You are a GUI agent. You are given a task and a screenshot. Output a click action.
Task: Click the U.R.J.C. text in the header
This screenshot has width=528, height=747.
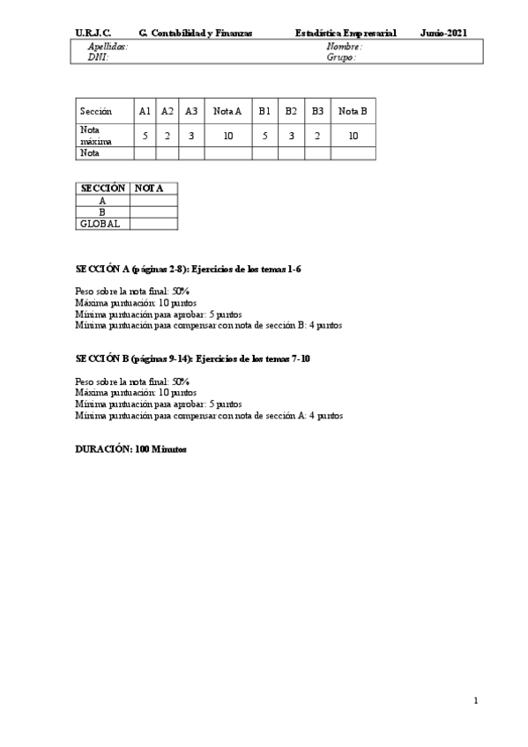click(93, 33)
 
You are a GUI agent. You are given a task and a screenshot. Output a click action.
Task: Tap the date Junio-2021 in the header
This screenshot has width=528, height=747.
click(443, 33)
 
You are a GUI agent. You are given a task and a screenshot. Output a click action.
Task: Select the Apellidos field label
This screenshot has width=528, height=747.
click(108, 47)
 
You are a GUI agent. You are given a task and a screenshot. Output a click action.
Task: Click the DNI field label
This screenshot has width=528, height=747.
click(97, 57)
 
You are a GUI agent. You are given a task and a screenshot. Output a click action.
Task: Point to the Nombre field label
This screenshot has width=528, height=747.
click(344, 47)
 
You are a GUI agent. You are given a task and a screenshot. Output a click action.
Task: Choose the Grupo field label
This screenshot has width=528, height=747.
click(341, 57)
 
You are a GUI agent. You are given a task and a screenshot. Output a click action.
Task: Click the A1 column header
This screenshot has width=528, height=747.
click(145, 111)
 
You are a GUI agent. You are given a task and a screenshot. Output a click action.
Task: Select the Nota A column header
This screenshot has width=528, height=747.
click(227, 111)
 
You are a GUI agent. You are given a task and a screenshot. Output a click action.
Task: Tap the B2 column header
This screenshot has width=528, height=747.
click(291, 111)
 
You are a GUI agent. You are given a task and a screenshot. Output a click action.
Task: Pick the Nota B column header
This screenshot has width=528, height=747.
click(353, 111)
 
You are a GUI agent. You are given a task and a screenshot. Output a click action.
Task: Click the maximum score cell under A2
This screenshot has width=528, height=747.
click(167, 136)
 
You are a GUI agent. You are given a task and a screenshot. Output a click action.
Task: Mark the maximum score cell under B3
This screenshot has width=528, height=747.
click(317, 136)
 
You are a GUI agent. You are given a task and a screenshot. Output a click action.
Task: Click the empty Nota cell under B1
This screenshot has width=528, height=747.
click(264, 153)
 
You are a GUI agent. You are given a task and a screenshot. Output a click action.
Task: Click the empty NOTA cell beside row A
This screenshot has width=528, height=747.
click(153, 201)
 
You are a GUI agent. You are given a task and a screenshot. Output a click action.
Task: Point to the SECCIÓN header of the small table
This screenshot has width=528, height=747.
click(102, 189)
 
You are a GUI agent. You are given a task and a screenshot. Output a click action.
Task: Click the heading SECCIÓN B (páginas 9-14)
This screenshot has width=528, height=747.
click(192, 359)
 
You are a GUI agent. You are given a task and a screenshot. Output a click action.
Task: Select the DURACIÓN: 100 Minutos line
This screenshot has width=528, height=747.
click(131, 448)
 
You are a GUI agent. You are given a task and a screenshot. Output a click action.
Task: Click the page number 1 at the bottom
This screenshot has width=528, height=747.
click(476, 701)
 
